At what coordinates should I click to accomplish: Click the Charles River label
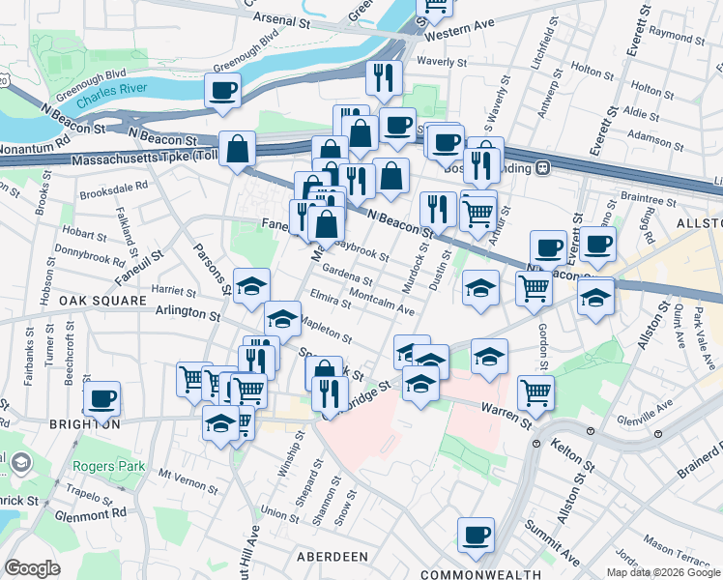pyautogui.click(x=113, y=99)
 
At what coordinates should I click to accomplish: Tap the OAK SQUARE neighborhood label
pyautogui.click(x=96, y=301)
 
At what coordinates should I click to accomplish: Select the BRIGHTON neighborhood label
pyautogui.click(x=86, y=423)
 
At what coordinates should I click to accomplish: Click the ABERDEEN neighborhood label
pyautogui.click(x=332, y=557)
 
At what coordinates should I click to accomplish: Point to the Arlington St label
pyautogui.click(x=188, y=313)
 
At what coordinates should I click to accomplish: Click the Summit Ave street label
pyautogui.click(x=552, y=541)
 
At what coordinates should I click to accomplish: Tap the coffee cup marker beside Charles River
pyautogui.click(x=222, y=92)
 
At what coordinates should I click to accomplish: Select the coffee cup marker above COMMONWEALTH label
pyautogui.click(x=476, y=535)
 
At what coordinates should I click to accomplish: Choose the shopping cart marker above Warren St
pyautogui.click(x=535, y=391)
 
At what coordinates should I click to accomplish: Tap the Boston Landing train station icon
pyautogui.click(x=543, y=166)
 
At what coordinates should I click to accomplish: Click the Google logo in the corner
pyautogui.click(x=32, y=568)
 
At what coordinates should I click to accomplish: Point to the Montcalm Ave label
pyautogui.click(x=382, y=302)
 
